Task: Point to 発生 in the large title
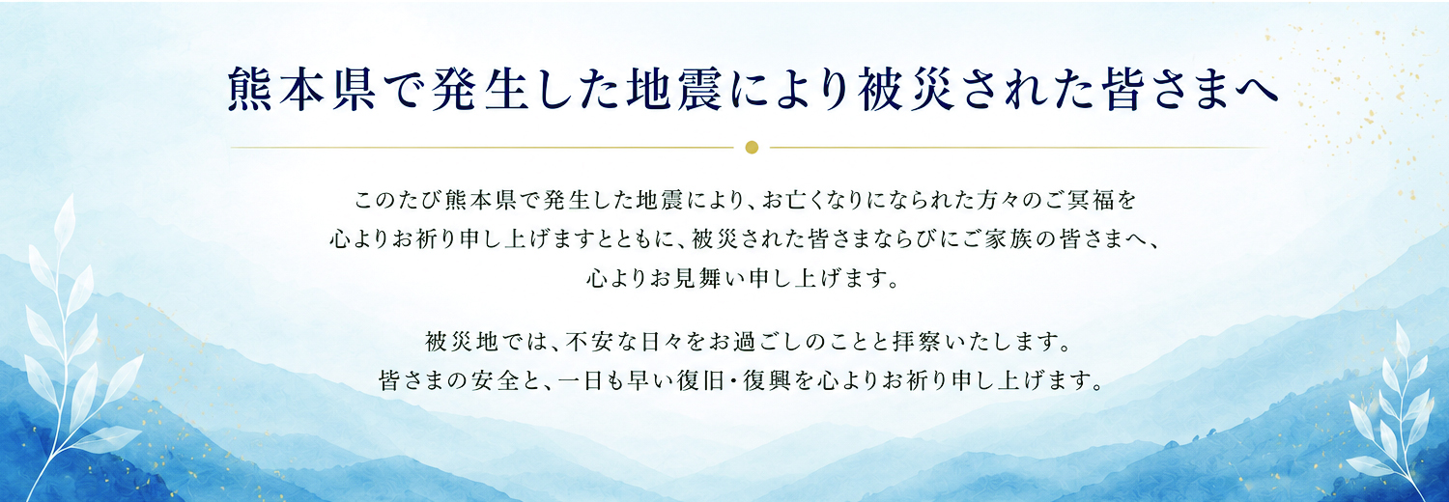478,89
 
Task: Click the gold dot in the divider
751,148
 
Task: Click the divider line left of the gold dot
482,148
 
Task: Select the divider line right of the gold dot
1020,148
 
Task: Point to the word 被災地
462,342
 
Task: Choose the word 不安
589,342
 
